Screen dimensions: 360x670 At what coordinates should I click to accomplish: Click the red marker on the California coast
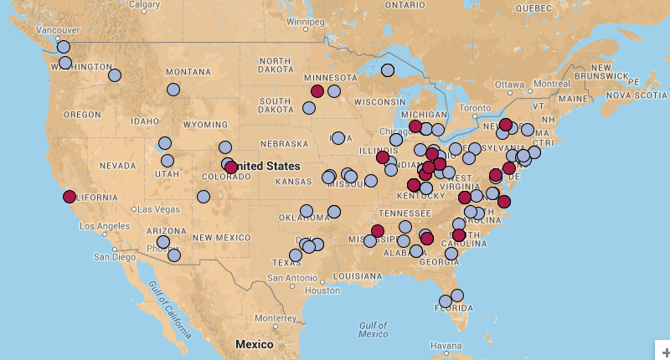click(69, 197)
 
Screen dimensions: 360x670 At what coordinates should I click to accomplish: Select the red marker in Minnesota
click(317, 90)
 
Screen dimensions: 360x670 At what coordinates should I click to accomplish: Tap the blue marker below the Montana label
click(173, 90)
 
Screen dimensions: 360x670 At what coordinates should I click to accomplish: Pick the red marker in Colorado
click(231, 167)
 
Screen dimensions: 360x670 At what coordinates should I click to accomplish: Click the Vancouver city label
click(34, 31)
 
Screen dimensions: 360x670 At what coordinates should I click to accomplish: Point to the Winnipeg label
click(305, 21)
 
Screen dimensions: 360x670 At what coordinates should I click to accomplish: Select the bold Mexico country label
click(254, 344)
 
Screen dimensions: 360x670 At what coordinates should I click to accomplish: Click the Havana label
click(446, 346)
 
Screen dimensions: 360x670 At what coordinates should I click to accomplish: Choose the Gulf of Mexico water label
click(373, 329)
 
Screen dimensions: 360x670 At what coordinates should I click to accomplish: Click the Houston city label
click(323, 291)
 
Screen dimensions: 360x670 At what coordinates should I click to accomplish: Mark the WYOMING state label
click(205, 124)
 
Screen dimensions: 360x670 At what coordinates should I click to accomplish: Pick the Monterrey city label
click(276, 318)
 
